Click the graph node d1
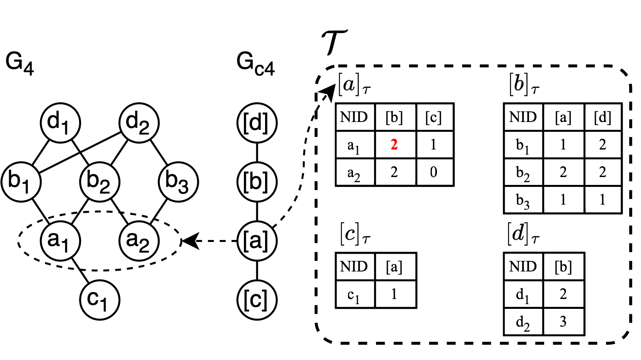(x=60, y=123)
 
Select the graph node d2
(x=139, y=123)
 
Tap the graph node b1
(x=21, y=182)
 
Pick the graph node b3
(x=178, y=182)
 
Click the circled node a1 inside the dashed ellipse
(x=60, y=240)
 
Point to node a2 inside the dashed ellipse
(x=139, y=240)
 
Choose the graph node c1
(x=99, y=300)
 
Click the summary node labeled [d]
(x=257, y=123)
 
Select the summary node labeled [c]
(x=257, y=300)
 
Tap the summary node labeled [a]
(x=257, y=241)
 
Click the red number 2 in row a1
(x=394, y=145)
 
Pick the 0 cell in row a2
(x=434, y=172)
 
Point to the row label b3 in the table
(x=523, y=200)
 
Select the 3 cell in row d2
(x=563, y=322)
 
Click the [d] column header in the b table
(x=602, y=117)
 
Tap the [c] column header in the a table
(x=434, y=117)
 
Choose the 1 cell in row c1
(x=394, y=294)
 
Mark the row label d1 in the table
(x=523, y=295)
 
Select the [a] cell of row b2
(x=563, y=172)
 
